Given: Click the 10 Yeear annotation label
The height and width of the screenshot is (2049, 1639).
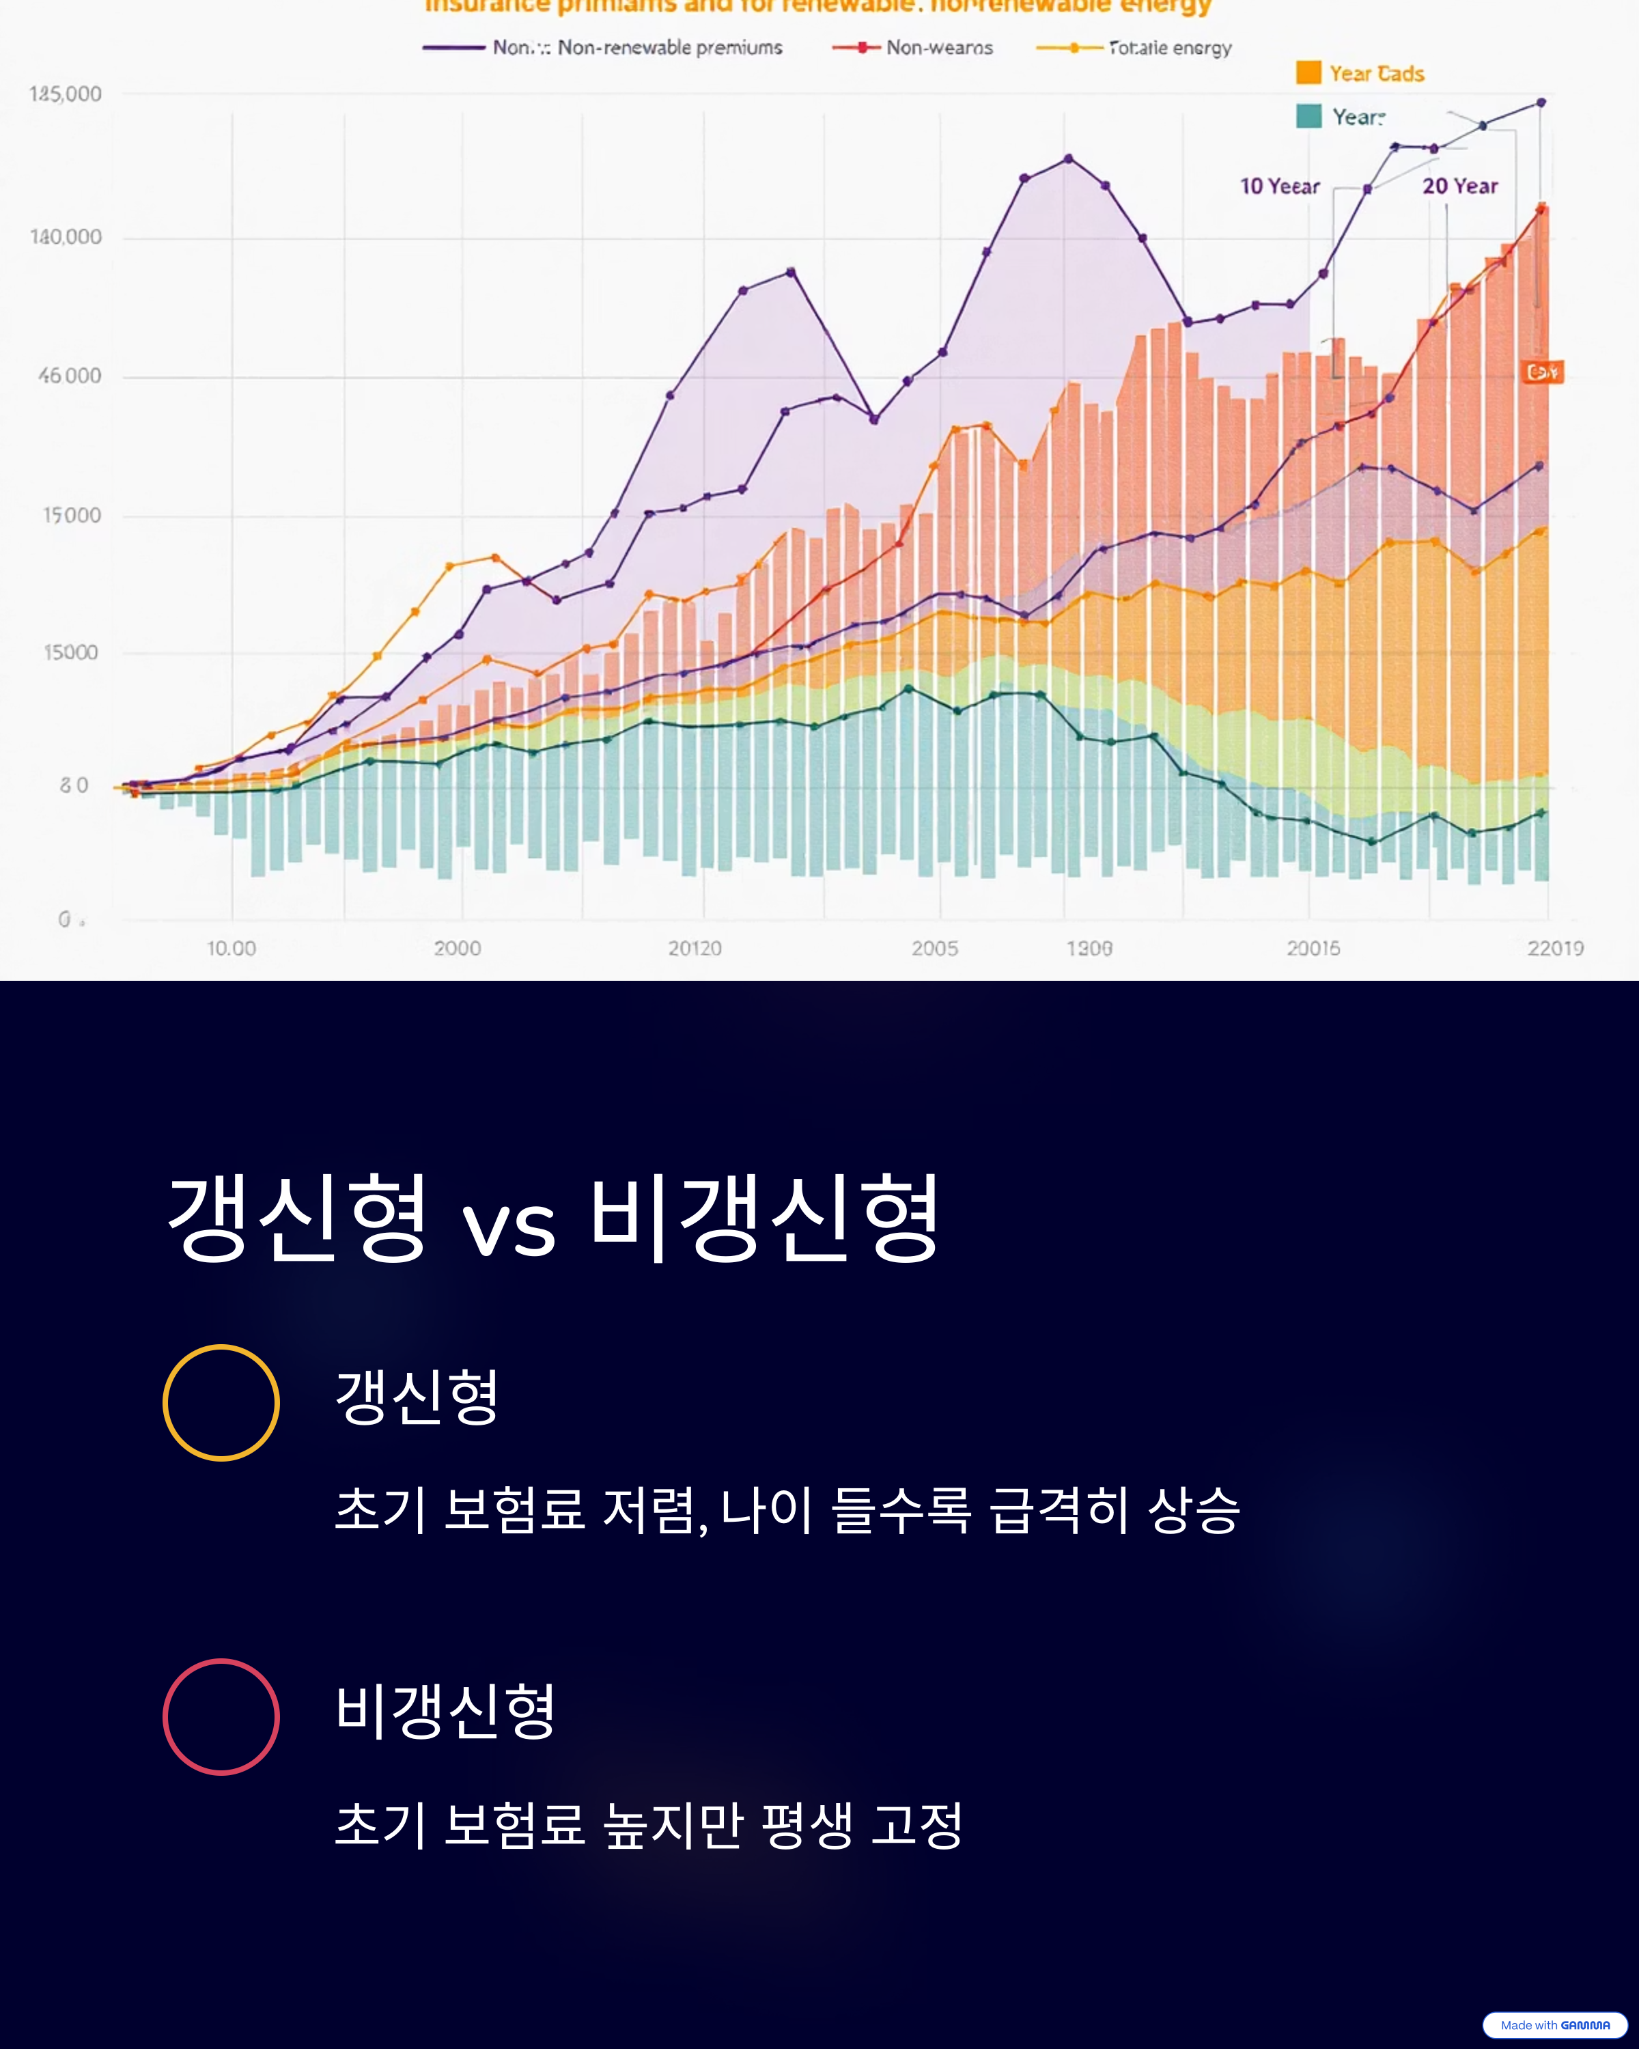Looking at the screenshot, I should tap(1279, 186).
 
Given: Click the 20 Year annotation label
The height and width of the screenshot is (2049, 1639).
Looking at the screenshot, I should tap(1459, 186).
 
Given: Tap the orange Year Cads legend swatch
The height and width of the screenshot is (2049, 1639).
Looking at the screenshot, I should tap(1308, 73).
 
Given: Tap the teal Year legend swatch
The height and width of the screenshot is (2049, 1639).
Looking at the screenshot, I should tap(1308, 116).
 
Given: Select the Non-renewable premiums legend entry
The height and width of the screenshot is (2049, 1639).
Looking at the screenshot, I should tap(603, 48).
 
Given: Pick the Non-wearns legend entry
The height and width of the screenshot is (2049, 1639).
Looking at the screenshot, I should tap(913, 48).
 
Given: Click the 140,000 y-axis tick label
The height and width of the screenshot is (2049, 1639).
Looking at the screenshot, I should tap(66, 236).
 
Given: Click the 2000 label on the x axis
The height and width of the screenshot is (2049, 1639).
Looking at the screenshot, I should tap(457, 949).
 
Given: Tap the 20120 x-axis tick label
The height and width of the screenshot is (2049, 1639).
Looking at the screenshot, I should tap(695, 949).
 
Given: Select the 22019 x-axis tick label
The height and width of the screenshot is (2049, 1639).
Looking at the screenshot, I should tap(1554, 949).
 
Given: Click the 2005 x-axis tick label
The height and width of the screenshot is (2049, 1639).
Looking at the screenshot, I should tap(935, 949).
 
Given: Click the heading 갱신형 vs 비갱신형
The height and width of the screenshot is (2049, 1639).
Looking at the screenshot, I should tap(554, 1218).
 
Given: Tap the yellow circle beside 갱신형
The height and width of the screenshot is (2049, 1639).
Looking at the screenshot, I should tap(221, 1403).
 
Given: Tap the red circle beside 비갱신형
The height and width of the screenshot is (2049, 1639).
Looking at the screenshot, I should tap(221, 1717).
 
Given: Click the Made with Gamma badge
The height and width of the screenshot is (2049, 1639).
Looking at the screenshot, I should tap(1554, 2025).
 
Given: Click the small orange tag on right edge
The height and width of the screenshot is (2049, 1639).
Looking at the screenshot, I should tap(1543, 372).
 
